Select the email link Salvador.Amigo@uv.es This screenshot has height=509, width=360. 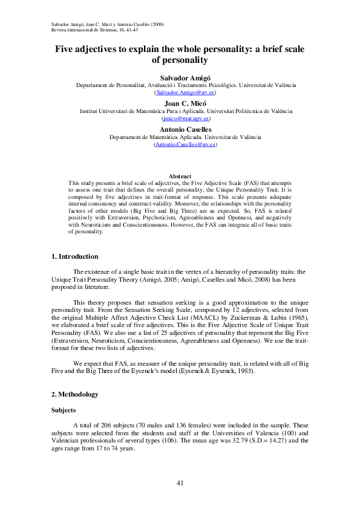(x=186, y=93)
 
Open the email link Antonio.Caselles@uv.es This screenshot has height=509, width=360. (x=186, y=144)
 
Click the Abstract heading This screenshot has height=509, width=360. (x=180, y=176)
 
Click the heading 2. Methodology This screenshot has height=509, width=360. (x=74, y=394)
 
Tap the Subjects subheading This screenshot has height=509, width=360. (x=64, y=410)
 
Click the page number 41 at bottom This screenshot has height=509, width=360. (x=180, y=482)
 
